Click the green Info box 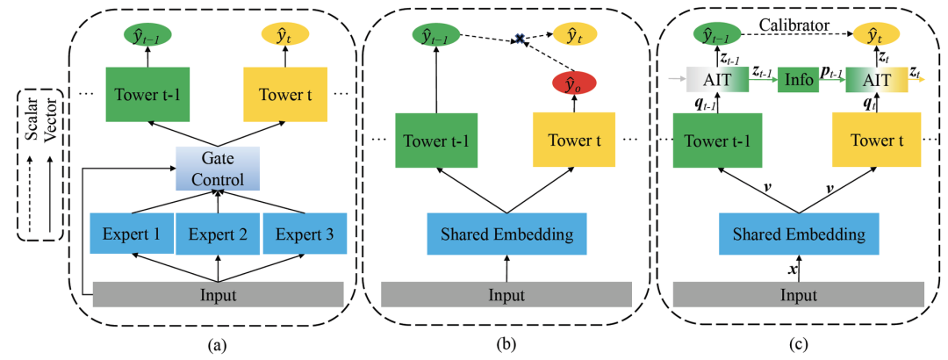(799, 78)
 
